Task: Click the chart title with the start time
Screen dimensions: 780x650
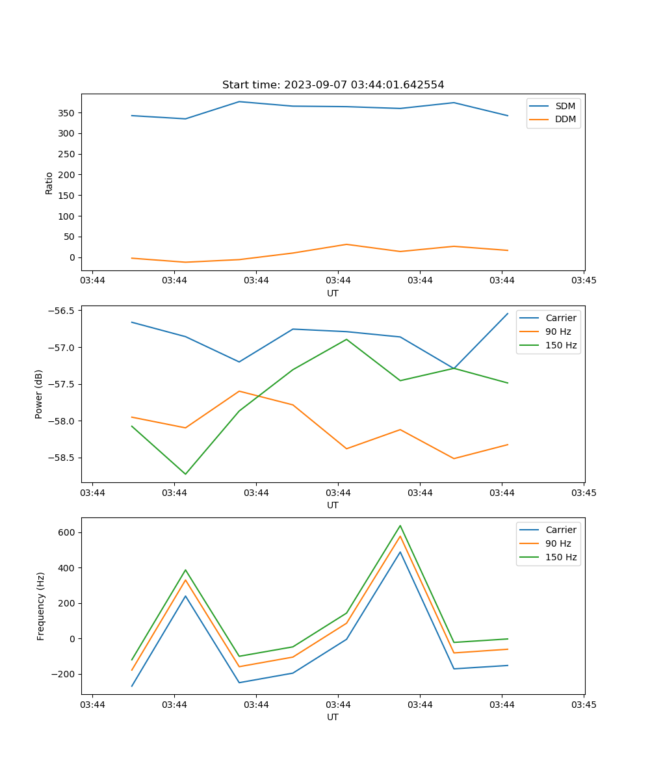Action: point(333,85)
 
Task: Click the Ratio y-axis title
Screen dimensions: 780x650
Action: point(49,183)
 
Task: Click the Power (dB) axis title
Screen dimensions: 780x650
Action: point(39,394)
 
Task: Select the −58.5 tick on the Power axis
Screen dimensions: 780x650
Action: point(62,458)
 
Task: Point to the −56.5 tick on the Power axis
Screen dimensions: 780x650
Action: point(62,311)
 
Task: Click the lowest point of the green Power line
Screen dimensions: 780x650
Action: point(185,474)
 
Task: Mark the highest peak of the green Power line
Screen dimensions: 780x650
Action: point(346,339)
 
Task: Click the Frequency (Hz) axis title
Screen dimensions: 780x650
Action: point(41,606)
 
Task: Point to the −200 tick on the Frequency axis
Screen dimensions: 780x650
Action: point(62,674)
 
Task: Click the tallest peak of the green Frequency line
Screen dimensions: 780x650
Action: point(400,525)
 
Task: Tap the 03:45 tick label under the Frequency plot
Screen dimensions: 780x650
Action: point(584,705)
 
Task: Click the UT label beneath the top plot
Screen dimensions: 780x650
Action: point(333,293)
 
